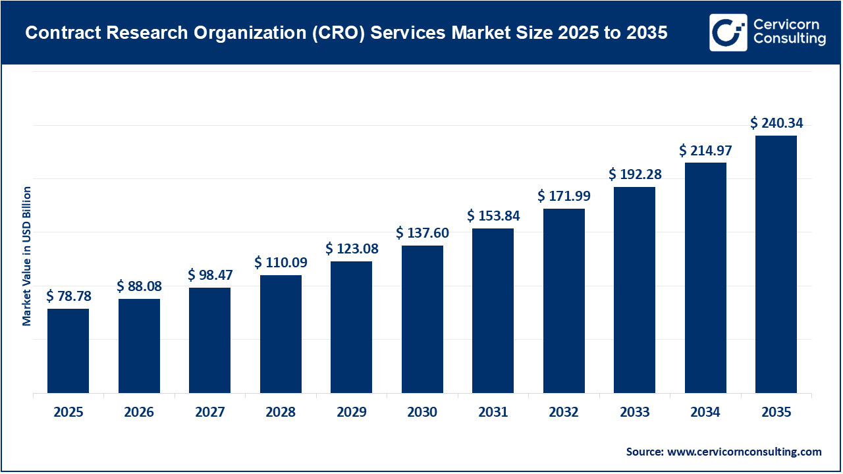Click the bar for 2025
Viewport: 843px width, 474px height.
[x=68, y=351]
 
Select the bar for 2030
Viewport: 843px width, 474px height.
[x=422, y=319]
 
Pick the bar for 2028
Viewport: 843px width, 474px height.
[x=281, y=334]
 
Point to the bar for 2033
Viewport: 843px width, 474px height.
[x=634, y=290]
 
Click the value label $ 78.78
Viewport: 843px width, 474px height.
[x=68, y=296]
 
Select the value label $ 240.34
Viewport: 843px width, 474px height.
[x=776, y=123]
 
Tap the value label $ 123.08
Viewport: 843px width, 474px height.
[x=351, y=249]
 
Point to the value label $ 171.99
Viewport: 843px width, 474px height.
[x=564, y=196]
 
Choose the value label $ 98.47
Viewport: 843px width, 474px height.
[x=210, y=275]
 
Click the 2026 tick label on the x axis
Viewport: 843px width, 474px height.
[x=139, y=413]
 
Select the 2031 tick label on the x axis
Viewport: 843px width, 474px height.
[x=493, y=413]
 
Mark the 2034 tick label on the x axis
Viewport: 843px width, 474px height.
[x=705, y=413]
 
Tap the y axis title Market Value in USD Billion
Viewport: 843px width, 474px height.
[x=27, y=255]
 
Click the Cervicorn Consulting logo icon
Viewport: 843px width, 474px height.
[x=728, y=32]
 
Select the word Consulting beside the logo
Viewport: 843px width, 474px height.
[x=790, y=39]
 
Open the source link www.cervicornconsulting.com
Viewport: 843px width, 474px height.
[x=744, y=452]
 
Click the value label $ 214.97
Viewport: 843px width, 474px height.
[x=705, y=150]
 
